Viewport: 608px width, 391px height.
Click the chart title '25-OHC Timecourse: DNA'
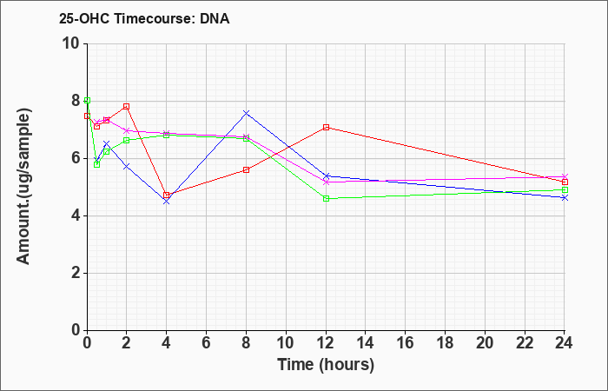(144, 18)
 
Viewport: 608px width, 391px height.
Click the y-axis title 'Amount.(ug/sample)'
(23, 187)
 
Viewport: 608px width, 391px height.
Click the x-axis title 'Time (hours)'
(326, 365)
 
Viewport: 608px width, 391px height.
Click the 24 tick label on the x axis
(565, 343)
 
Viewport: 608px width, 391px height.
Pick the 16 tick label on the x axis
(406, 343)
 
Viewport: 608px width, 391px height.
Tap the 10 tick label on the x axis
(286, 343)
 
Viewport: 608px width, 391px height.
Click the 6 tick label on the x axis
(207, 343)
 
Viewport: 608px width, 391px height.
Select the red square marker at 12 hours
(326, 127)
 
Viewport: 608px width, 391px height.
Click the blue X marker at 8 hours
(246, 113)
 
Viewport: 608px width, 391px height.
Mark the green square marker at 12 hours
(326, 199)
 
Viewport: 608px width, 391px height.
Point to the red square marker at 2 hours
(127, 106)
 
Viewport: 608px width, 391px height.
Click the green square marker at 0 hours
(87, 101)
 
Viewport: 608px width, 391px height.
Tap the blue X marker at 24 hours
(565, 198)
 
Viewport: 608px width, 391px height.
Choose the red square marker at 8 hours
(246, 170)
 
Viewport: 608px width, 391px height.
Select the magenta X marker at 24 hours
(565, 177)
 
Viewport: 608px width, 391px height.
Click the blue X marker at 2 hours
(127, 167)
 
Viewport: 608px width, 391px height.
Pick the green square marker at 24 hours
(565, 190)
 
